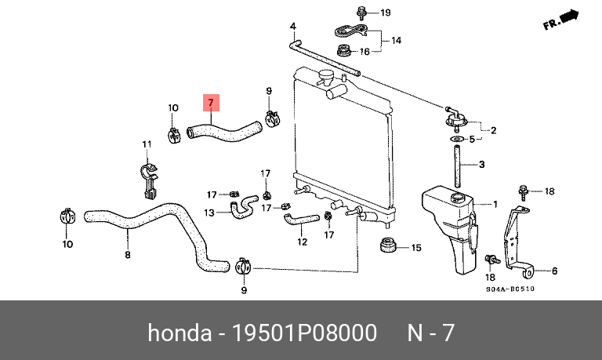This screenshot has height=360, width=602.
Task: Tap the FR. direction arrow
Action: click(560, 20)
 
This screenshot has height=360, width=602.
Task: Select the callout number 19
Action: click(385, 13)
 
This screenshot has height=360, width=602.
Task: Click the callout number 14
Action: click(396, 39)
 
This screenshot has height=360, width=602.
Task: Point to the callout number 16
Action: click(364, 52)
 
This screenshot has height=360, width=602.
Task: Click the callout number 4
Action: click(293, 27)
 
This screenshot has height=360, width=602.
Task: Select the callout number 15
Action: click(416, 248)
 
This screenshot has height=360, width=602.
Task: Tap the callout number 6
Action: click(554, 271)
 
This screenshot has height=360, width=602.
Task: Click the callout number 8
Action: click(127, 254)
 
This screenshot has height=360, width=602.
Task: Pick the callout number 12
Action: click(302, 242)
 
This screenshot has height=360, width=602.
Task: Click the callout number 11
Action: click(145, 144)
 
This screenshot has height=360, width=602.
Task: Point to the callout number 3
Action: click(482, 164)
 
